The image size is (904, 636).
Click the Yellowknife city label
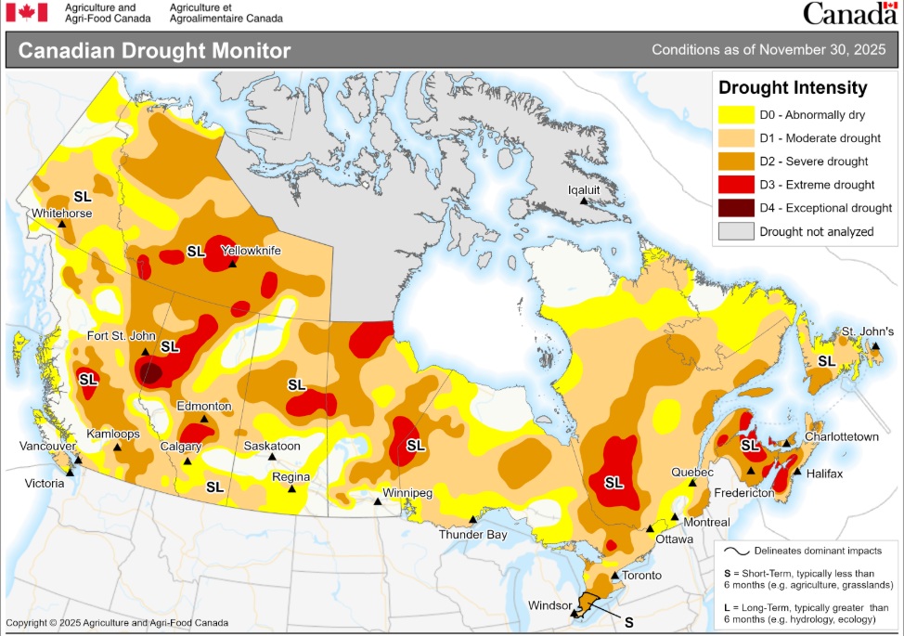(x=250, y=251)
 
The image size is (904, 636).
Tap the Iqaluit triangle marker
(x=584, y=201)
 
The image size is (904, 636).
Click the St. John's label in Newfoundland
(x=868, y=331)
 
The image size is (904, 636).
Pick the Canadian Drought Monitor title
(x=154, y=51)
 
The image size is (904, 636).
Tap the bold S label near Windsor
(x=628, y=621)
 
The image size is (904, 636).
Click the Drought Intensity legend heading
(x=793, y=88)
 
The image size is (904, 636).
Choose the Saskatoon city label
(x=272, y=446)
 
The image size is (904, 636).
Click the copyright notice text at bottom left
(x=116, y=623)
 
